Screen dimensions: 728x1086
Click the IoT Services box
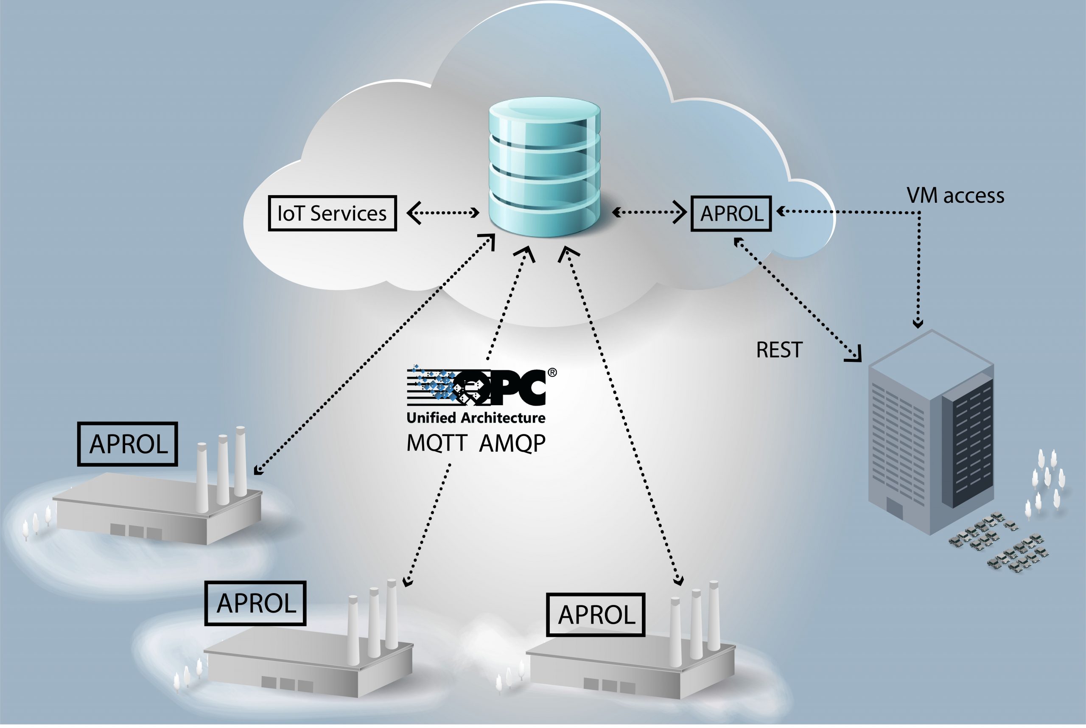(x=332, y=213)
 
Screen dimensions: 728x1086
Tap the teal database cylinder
(x=544, y=167)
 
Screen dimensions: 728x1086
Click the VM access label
(x=955, y=196)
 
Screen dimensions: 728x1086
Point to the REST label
(x=778, y=350)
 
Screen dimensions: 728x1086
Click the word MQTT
(x=436, y=443)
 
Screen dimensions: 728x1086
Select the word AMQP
(x=512, y=443)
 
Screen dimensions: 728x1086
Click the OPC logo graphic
(x=478, y=385)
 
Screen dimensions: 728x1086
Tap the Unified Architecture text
(x=476, y=418)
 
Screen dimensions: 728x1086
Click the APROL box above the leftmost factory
(x=128, y=444)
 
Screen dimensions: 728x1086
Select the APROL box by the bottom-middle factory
(x=255, y=603)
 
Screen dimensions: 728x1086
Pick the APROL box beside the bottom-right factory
(x=596, y=615)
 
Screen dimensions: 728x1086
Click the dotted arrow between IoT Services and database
(x=443, y=213)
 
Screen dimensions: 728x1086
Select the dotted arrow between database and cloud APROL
(x=649, y=213)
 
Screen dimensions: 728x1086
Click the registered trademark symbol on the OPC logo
(x=552, y=372)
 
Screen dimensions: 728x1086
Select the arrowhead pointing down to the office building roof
(x=918, y=324)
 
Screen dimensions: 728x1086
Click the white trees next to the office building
(x=1047, y=483)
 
